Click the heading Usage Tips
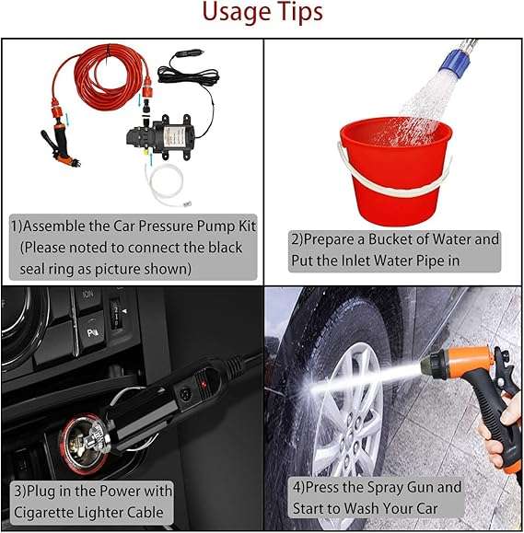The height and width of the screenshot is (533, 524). click(x=262, y=13)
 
